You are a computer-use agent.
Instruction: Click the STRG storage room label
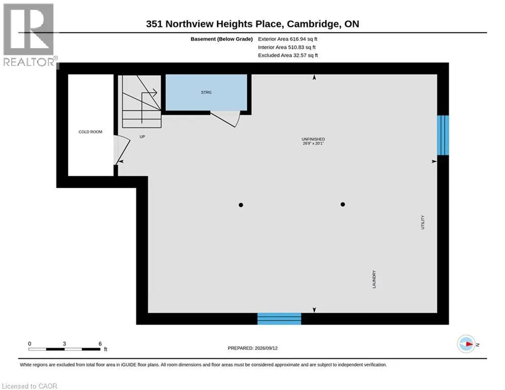[206, 92]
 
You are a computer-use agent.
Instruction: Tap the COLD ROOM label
[90, 132]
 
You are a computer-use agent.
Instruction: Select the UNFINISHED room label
[313, 139]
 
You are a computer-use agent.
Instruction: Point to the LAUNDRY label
[374, 279]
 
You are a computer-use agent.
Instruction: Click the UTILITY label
[423, 222]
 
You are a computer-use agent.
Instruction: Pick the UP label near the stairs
[142, 137]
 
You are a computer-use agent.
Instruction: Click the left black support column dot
[241, 205]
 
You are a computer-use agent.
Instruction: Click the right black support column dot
[343, 204]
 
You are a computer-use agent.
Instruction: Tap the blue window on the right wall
[443, 136]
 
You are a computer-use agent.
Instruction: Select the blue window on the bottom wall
[279, 318]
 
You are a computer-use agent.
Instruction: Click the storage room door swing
[225, 119]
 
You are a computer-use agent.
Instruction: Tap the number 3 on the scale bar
[64, 344]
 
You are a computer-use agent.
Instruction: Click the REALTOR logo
[29, 35]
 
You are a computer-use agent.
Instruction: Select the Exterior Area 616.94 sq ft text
[288, 39]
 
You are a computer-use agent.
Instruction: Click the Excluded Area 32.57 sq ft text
[288, 55]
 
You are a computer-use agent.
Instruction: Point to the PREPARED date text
[253, 348]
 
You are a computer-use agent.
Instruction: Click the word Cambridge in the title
[313, 24]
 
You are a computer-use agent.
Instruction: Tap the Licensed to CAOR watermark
[29, 386]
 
